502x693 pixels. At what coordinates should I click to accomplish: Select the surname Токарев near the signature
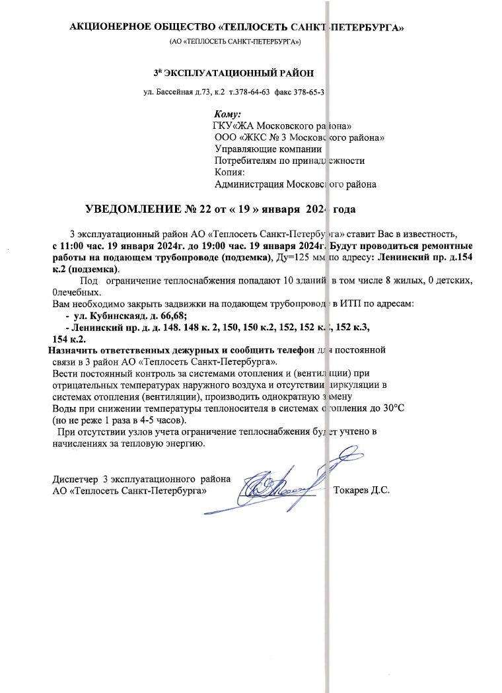coord(353,491)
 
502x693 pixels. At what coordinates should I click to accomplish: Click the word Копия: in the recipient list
coord(230,173)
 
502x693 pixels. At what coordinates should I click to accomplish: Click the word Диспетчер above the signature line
coord(75,479)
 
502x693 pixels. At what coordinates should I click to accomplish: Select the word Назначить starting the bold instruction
coord(73,350)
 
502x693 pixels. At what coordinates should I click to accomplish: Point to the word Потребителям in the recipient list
coord(245,161)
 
